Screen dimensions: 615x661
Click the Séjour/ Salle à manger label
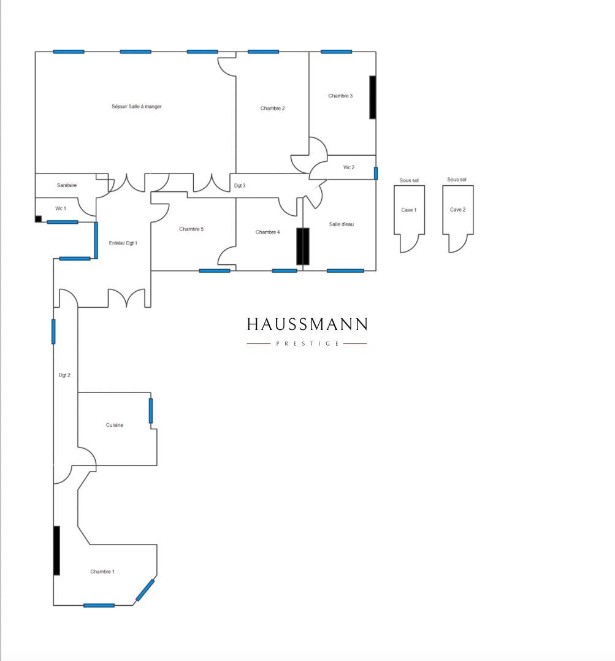(137, 107)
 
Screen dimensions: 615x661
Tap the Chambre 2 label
(272, 109)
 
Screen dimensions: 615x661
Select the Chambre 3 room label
(340, 96)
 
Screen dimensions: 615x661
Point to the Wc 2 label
(349, 167)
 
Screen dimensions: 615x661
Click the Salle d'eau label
(342, 224)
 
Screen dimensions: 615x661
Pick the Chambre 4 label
(268, 232)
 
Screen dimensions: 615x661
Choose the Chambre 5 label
(191, 229)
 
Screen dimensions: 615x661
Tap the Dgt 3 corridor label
(240, 185)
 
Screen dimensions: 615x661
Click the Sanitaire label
(67, 185)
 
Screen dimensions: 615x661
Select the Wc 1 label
(61, 208)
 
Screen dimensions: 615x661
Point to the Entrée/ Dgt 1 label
(123, 243)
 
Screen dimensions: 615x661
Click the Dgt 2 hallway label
(64, 375)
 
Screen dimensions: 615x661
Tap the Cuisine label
(115, 425)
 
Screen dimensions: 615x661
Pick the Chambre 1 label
(102, 571)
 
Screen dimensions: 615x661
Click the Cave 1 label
(409, 210)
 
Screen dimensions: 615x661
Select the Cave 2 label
(458, 210)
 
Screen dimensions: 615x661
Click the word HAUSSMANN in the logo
(307, 324)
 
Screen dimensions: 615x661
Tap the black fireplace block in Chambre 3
(373, 97)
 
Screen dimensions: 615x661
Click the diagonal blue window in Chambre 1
(145, 590)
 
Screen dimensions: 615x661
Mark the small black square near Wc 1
(39, 219)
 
